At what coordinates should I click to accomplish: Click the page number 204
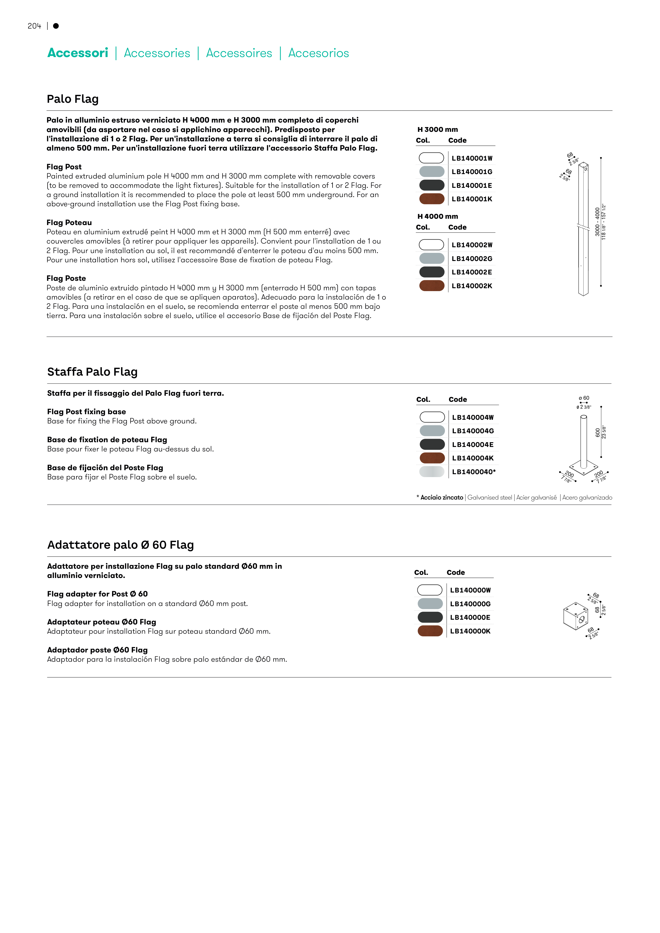click(34, 26)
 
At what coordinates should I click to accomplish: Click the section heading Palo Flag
click(72, 99)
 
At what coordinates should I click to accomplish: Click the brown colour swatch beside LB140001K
click(431, 199)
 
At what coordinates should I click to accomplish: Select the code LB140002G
click(472, 258)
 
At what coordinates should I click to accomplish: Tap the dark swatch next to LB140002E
click(431, 272)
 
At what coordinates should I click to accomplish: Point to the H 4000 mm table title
click(437, 216)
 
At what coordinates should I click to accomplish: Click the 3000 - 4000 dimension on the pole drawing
click(597, 222)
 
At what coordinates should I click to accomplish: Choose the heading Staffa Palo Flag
click(92, 372)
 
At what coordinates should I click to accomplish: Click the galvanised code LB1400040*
click(474, 472)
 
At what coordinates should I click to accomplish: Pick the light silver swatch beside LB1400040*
click(432, 472)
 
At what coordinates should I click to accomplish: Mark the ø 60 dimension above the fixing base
click(584, 398)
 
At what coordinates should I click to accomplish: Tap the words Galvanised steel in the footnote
click(489, 497)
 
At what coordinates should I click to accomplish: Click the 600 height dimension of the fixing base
click(597, 432)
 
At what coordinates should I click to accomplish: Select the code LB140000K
click(470, 631)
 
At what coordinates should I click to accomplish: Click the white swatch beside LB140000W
click(430, 590)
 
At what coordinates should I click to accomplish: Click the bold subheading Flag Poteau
click(69, 222)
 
